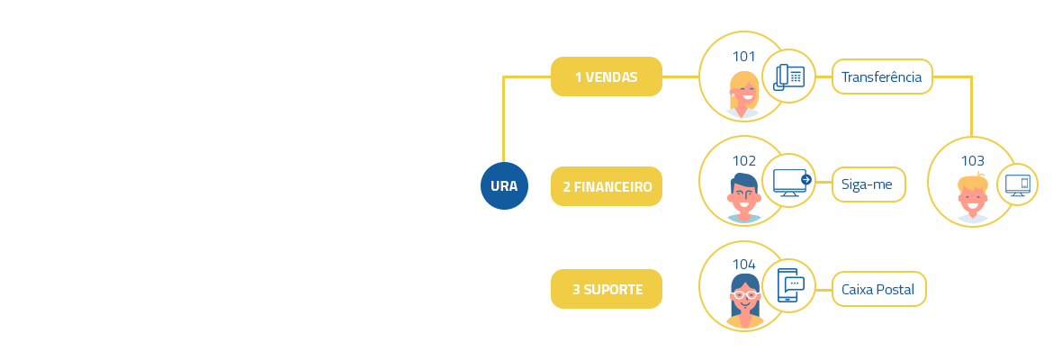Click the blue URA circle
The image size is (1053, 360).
click(504, 185)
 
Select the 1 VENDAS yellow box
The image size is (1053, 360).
click(607, 76)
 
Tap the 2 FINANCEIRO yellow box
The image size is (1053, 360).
click(607, 186)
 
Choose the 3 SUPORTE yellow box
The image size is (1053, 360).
click(607, 289)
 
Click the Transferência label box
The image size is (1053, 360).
click(882, 76)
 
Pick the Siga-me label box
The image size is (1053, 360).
click(868, 184)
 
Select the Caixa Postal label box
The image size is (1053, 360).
click(878, 289)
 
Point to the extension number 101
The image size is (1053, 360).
click(743, 57)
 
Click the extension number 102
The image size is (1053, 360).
click(743, 161)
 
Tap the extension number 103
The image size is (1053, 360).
click(972, 161)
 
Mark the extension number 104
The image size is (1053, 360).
click(743, 265)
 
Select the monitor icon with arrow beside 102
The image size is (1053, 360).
click(791, 182)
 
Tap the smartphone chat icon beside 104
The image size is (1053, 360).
click(790, 285)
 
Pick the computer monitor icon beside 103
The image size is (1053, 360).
click(1018, 185)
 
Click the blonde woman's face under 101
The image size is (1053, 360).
click(744, 92)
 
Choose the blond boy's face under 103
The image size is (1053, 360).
click(972, 194)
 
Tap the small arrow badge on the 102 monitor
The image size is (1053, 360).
click(806, 179)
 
